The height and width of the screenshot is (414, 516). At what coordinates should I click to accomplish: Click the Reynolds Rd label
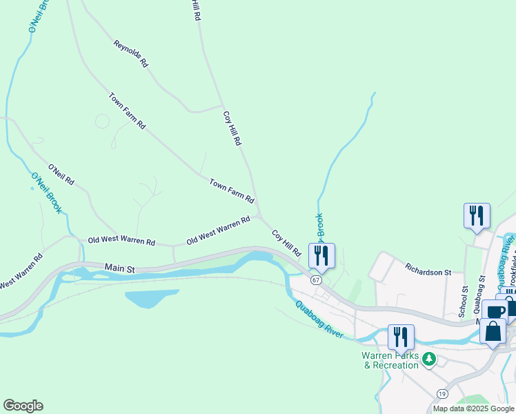pyautogui.click(x=131, y=53)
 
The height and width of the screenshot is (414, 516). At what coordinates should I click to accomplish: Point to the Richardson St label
pyautogui.click(x=428, y=268)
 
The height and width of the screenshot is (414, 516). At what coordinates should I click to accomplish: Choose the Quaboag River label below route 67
pyautogui.click(x=319, y=319)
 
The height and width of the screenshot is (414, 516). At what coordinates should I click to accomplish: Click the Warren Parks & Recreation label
pyautogui.click(x=390, y=360)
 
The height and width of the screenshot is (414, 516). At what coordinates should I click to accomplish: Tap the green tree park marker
pyautogui.click(x=429, y=359)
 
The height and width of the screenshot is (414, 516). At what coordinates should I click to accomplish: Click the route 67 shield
pyautogui.click(x=316, y=280)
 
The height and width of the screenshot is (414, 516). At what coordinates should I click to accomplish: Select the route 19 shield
pyautogui.click(x=441, y=393)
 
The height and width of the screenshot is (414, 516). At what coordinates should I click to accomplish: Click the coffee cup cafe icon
pyautogui.click(x=495, y=311)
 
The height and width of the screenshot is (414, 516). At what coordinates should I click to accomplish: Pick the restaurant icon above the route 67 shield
pyautogui.click(x=321, y=255)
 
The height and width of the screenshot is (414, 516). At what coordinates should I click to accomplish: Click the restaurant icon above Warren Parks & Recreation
pyautogui.click(x=401, y=336)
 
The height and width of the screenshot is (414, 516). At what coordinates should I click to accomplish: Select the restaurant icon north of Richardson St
pyautogui.click(x=477, y=215)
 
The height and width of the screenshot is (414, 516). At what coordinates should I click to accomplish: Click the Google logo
pyautogui.click(x=23, y=406)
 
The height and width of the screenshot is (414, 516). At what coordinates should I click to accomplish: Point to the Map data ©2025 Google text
pyautogui.click(x=473, y=408)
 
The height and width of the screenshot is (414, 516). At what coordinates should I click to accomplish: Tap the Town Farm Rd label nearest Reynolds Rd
pyautogui.click(x=127, y=110)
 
